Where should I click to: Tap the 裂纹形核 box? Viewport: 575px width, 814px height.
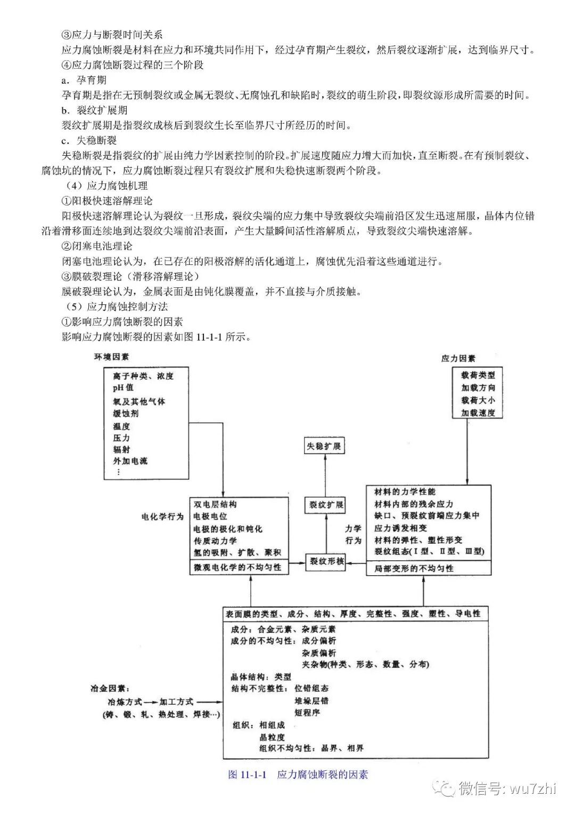pyautogui.click(x=327, y=561)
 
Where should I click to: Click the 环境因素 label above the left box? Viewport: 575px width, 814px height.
pyautogui.click(x=111, y=357)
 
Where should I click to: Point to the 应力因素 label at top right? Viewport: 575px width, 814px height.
pyautogui.click(x=458, y=359)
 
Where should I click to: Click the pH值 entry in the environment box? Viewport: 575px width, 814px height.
pyautogui.click(x=123, y=388)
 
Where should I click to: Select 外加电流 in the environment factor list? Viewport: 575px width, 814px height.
pyautogui.click(x=130, y=461)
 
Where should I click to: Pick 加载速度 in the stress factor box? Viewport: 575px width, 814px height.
pyautogui.click(x=478, y=413)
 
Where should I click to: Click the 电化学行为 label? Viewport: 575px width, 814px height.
pyautogui.click(x=162, y=517)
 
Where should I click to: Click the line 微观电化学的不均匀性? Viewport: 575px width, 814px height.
pyautogui.click(x=237, y=567)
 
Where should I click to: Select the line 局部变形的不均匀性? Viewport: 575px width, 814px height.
pyautogui.click(x=414, y=568)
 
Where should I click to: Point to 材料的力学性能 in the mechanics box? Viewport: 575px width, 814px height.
pyautogui.click(x=405, y=491)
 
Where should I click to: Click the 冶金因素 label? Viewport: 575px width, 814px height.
pyautogui.click(x=110, y=689)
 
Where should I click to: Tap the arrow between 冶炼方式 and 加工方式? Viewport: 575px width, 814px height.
pyautogui.click(x=151, y=702)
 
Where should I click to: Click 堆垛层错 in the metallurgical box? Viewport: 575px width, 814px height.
pyautogui.click(x=311, y=701)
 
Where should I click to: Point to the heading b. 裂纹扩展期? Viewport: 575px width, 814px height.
pyautogui.click(x=94, y=110)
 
